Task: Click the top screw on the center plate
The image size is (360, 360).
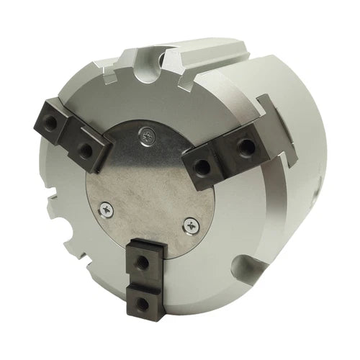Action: click(x=148, y=134)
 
